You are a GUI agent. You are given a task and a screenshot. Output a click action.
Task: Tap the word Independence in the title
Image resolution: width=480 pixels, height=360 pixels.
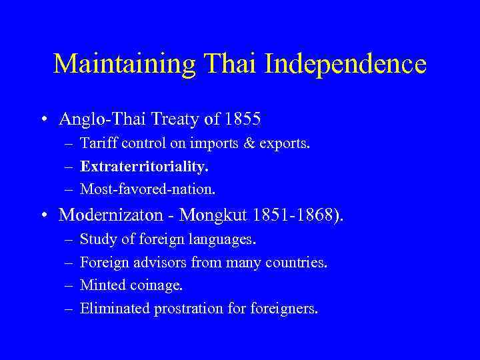tap(345, 64)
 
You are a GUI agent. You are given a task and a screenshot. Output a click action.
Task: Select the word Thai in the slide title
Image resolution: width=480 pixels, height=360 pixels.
tap(228, 64)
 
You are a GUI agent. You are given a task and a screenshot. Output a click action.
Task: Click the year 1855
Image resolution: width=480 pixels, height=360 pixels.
tap(243, 120)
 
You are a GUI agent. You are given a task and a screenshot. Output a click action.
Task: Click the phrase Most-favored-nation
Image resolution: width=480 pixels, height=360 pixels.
tap(147, 189)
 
